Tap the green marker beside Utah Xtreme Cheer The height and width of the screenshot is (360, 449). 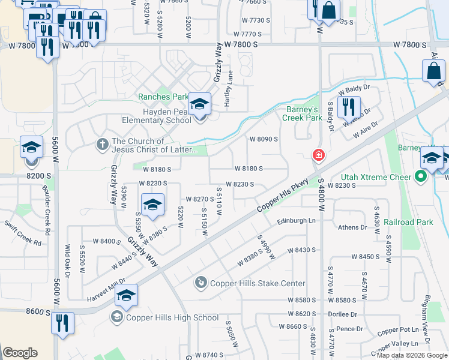point(421,176)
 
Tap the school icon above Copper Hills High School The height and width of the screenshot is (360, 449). point(126,295)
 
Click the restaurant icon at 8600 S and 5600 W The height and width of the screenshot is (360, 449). point(62,322)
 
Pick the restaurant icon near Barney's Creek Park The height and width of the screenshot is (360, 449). point(348,106)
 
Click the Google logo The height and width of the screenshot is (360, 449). point(20,353)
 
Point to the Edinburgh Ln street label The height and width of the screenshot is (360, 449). point(296,221)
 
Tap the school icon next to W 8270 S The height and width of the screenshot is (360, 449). point(152,205)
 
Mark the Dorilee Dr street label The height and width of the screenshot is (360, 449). point(342,314)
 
